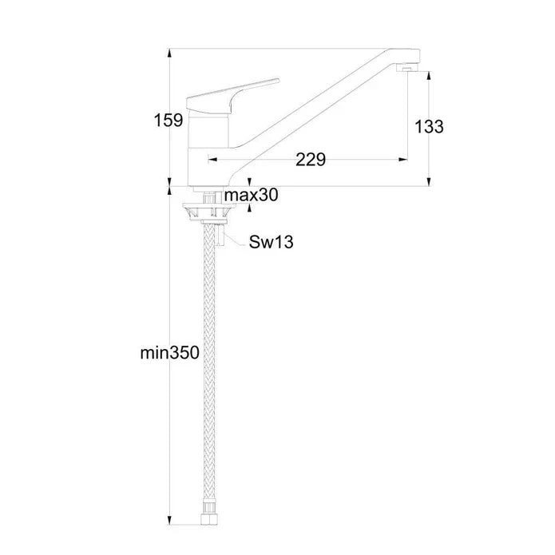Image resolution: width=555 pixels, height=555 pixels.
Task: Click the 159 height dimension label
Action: [168, 121]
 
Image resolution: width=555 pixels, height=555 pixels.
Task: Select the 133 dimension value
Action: [429, 127]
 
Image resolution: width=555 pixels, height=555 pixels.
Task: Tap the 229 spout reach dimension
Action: [311, 160]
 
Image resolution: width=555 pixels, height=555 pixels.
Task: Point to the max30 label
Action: [252, 195]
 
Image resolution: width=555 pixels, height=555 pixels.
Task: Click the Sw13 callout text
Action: [272, 243]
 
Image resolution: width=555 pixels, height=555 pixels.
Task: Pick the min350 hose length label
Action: [170, 353]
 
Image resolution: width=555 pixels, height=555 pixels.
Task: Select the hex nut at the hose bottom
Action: [209, 519]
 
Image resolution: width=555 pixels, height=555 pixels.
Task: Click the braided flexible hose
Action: [209, 368]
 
